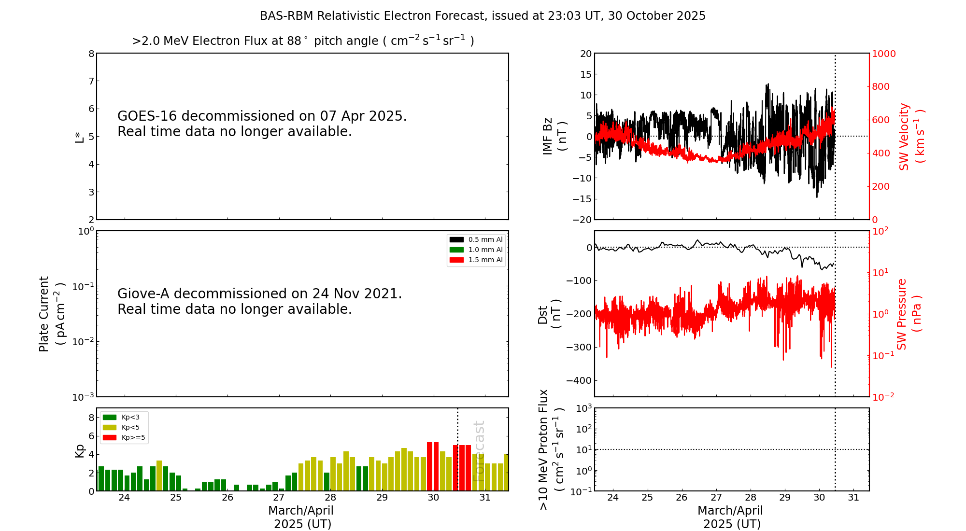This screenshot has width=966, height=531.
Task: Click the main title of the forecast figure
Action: (483, 16)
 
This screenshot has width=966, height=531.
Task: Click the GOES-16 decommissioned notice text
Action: (262, 124)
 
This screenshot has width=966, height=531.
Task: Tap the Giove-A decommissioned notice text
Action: (260, 301)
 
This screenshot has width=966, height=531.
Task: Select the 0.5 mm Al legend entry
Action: (476, 239)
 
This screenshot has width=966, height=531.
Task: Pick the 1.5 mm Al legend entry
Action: (476, 260)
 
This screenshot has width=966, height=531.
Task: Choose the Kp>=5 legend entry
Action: (124, 438)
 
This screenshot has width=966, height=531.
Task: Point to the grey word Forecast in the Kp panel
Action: (478, 451)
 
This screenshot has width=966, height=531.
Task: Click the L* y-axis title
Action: (80, 137)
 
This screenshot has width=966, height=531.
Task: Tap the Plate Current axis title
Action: (52, 314)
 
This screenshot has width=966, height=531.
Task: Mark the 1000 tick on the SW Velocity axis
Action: (883, 54)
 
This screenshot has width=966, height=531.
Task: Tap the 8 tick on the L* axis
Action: (91, 54)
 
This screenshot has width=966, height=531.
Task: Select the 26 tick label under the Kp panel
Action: (227, 498)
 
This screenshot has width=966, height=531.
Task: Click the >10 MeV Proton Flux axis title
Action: (551, 449)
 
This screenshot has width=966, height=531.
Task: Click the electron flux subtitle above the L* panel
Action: (303, 41)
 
